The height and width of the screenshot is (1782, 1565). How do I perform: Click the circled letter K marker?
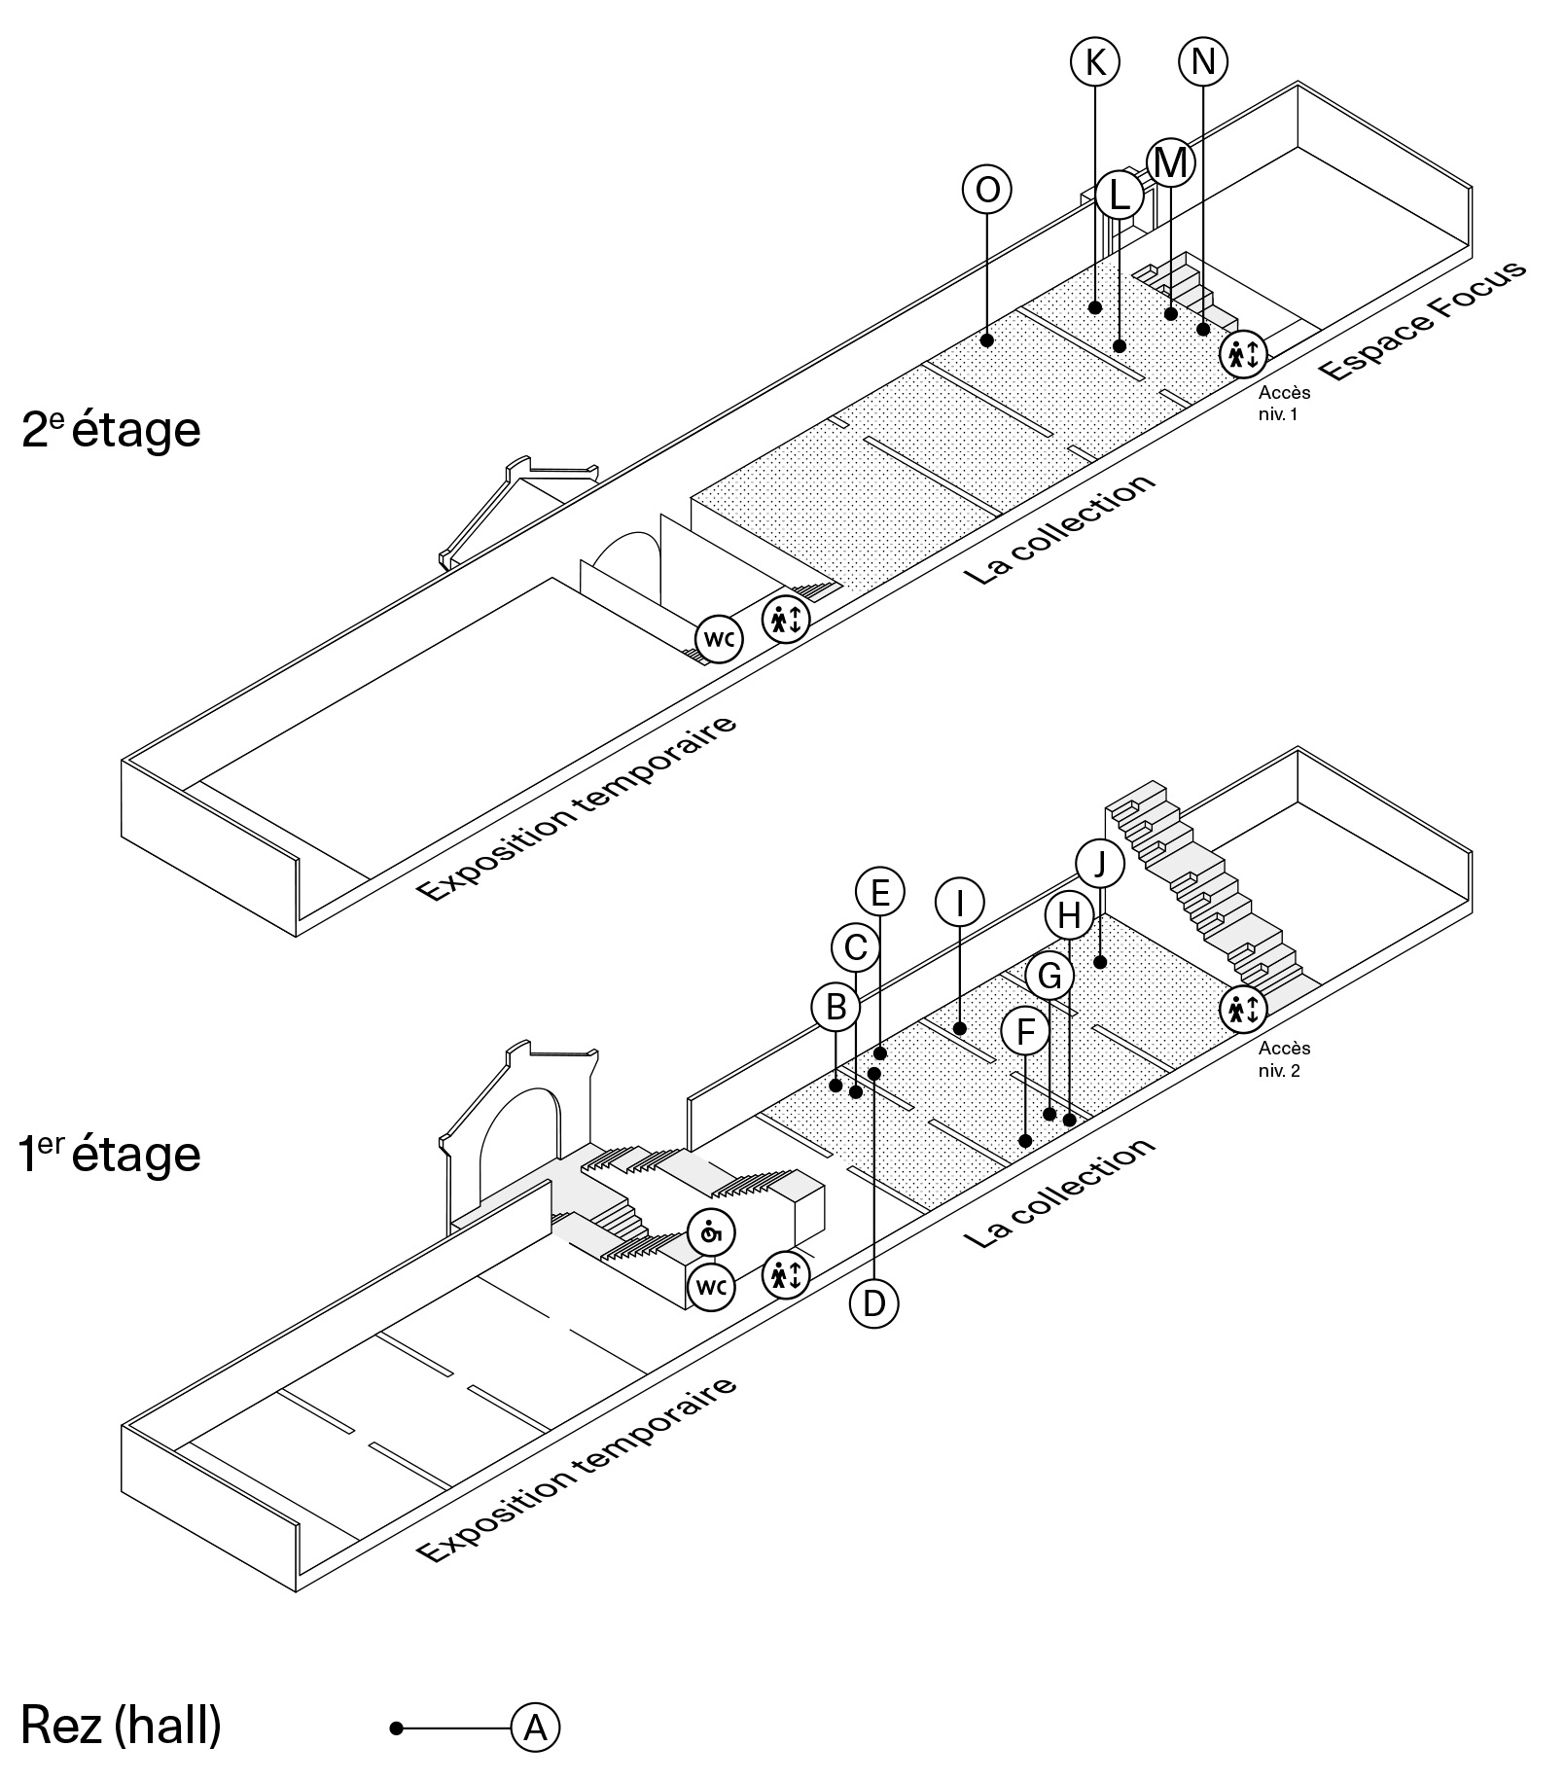[x=1094, y=62]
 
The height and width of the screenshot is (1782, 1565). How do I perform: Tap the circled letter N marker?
[x=1203, y=62]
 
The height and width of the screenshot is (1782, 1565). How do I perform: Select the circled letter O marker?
[x=986, y=190]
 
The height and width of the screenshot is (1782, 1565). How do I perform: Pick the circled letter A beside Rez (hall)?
[x=536, y=1728]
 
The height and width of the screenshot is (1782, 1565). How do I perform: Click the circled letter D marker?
[x=873, y=1303]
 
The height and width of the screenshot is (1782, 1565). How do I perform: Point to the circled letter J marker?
[x=1100, y=863]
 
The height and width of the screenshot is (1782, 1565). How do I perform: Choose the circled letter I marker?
[x=959, y=904]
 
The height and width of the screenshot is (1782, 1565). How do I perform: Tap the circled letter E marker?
[x=879, y=892]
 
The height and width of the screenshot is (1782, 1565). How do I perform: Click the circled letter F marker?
[x=1025, y=1032]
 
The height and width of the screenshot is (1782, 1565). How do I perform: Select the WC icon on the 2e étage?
[x=718, y=640]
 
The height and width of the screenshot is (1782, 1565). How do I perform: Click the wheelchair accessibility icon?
[x=711, y=1233]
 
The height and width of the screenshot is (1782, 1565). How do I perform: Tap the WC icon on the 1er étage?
[x=711, y=1287]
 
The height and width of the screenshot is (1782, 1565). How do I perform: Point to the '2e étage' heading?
[x=111, y=429]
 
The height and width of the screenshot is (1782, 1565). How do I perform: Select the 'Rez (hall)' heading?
[x=121, y=1726]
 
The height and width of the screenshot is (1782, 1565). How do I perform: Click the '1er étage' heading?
[x=110, y=1154]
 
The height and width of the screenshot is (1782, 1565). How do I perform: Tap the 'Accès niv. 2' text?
[x=1284, y=1059]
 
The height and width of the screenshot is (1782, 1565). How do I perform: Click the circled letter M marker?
[x=1170, y=162]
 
